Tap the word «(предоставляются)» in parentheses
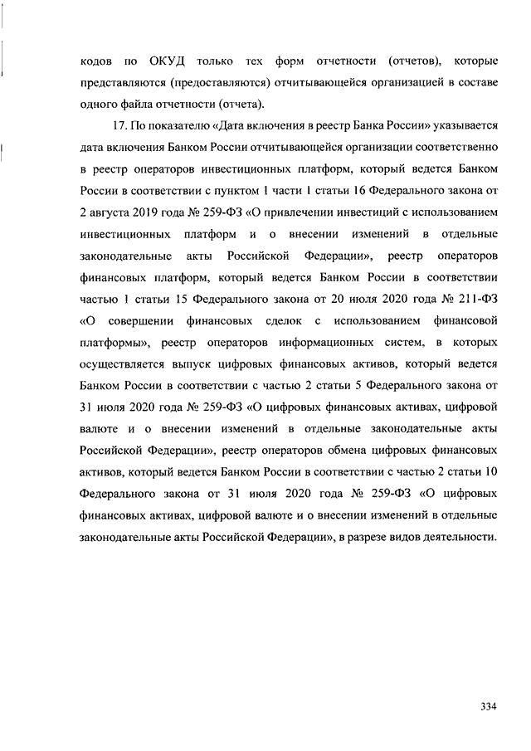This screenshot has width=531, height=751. tap(213, 84)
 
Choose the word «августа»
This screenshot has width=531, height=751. tap(110, 211)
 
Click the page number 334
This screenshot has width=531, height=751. tap(488, 706)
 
